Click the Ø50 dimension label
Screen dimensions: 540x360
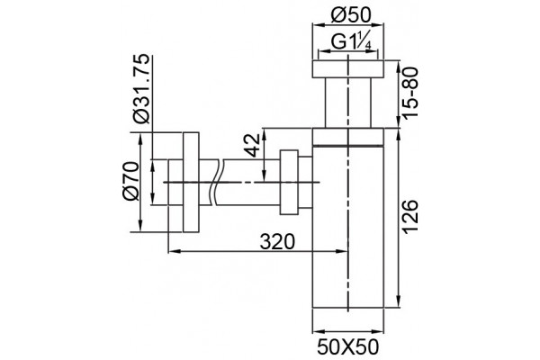coord(347,15)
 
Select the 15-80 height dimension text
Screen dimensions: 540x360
coord(411,93)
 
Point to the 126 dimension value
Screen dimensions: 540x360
coord(411,217)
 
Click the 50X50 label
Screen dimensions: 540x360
coord(347,347)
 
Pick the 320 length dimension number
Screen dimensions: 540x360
coord(277,241)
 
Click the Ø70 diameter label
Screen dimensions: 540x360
coord(130,181)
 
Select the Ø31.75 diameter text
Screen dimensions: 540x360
coord(142,88)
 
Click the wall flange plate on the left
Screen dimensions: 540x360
coord(191,182)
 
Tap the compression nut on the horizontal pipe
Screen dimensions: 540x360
coord(289,182)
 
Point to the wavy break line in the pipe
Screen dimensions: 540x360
coord(217,182)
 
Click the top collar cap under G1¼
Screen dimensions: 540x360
coord(347,69)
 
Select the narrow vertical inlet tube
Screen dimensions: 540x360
coord(347,103)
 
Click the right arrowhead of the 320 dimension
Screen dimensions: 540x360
coord(342,251)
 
